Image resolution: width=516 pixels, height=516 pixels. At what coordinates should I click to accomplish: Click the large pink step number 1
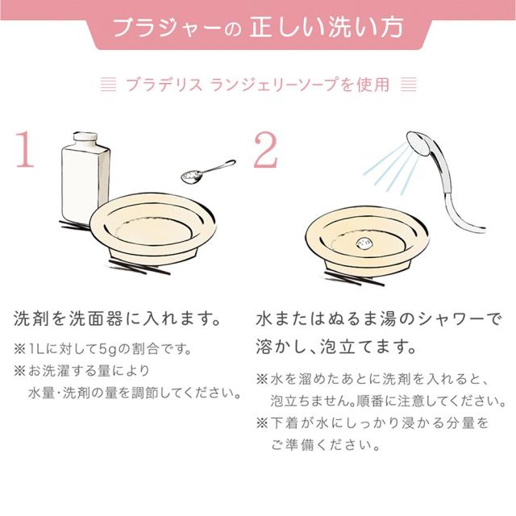point(25,149)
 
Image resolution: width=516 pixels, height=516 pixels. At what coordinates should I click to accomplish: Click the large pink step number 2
point(266,150)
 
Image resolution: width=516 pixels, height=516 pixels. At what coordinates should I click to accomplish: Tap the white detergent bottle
point(85,179)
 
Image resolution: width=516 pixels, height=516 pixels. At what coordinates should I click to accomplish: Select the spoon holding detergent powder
point(208,172)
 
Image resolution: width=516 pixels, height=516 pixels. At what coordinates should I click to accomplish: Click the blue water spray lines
point(392,169)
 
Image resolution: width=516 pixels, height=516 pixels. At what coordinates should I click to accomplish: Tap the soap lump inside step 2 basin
point(364,244)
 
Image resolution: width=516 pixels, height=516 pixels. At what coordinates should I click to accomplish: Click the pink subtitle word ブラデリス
point(164,85)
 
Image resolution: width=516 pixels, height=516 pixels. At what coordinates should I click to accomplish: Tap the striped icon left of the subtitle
point(108,85)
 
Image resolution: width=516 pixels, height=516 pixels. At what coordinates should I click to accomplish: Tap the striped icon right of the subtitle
point(409,85)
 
